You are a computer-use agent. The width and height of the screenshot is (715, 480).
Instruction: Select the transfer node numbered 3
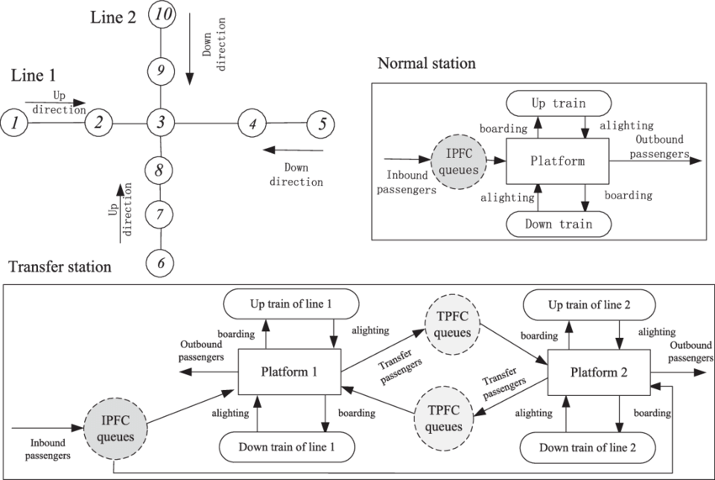(x=160, y=123)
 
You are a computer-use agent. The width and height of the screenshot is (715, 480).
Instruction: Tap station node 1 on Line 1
(x=14, y=123)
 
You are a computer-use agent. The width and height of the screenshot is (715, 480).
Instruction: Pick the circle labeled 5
(x=320, y=124)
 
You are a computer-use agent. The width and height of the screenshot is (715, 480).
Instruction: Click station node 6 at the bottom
(x=160, y=262)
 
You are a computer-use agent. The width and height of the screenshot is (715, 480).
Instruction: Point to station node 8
(x=160, y=171)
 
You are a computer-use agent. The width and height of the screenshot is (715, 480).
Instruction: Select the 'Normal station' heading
(x=427, y=64)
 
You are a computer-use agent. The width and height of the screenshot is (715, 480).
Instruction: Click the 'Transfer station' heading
(x=60, y=266)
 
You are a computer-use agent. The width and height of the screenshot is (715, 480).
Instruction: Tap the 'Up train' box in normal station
(x=559, y=103)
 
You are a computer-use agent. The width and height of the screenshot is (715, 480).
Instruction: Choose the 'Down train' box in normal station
(x=559, y=224)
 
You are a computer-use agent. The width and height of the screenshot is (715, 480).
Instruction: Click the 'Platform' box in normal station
(x=557, y=161)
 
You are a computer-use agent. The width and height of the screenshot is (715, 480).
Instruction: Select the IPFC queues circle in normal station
(x=460, y=162)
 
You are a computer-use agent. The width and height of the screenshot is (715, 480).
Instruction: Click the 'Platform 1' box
(x=289, y=372)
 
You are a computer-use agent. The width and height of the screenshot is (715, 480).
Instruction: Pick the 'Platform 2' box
(x=598, y=372)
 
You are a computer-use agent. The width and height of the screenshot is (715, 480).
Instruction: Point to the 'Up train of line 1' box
(x=289, y=303)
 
